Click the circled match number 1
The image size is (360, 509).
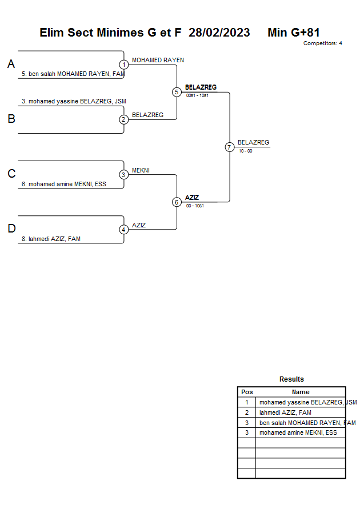[124, 65]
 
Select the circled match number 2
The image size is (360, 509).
[124, 119]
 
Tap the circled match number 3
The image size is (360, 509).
[124, 174]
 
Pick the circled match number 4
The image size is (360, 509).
[124, 230]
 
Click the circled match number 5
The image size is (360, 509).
[177, 92]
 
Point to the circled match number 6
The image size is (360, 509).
[177, 202]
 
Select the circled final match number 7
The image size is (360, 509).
[230, 147]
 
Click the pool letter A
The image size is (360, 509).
[11, 65]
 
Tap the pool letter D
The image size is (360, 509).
[11, 229]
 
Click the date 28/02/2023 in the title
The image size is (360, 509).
[219, 33]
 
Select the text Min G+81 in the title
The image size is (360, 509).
[294, 33]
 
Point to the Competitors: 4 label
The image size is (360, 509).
[323, 43]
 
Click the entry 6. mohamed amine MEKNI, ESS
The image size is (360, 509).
[64, 185]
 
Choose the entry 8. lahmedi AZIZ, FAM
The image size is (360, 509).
[51, 239]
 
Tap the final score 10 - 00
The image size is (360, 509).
[246, 151]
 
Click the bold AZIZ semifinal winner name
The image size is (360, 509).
[192, 198]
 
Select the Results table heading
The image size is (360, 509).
[291, 379]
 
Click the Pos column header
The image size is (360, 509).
[247, 392]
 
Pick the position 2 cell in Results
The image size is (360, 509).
[247, 412]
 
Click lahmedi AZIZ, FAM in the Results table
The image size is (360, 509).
[285, 412]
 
